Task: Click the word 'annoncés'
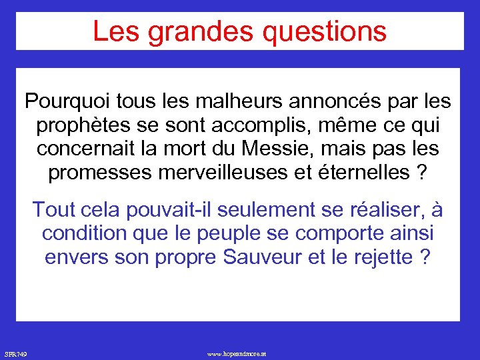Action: (311, 101)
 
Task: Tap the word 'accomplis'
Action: (240, 125)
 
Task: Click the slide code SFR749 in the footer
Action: (15, 353)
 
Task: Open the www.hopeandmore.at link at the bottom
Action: (237, 353)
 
